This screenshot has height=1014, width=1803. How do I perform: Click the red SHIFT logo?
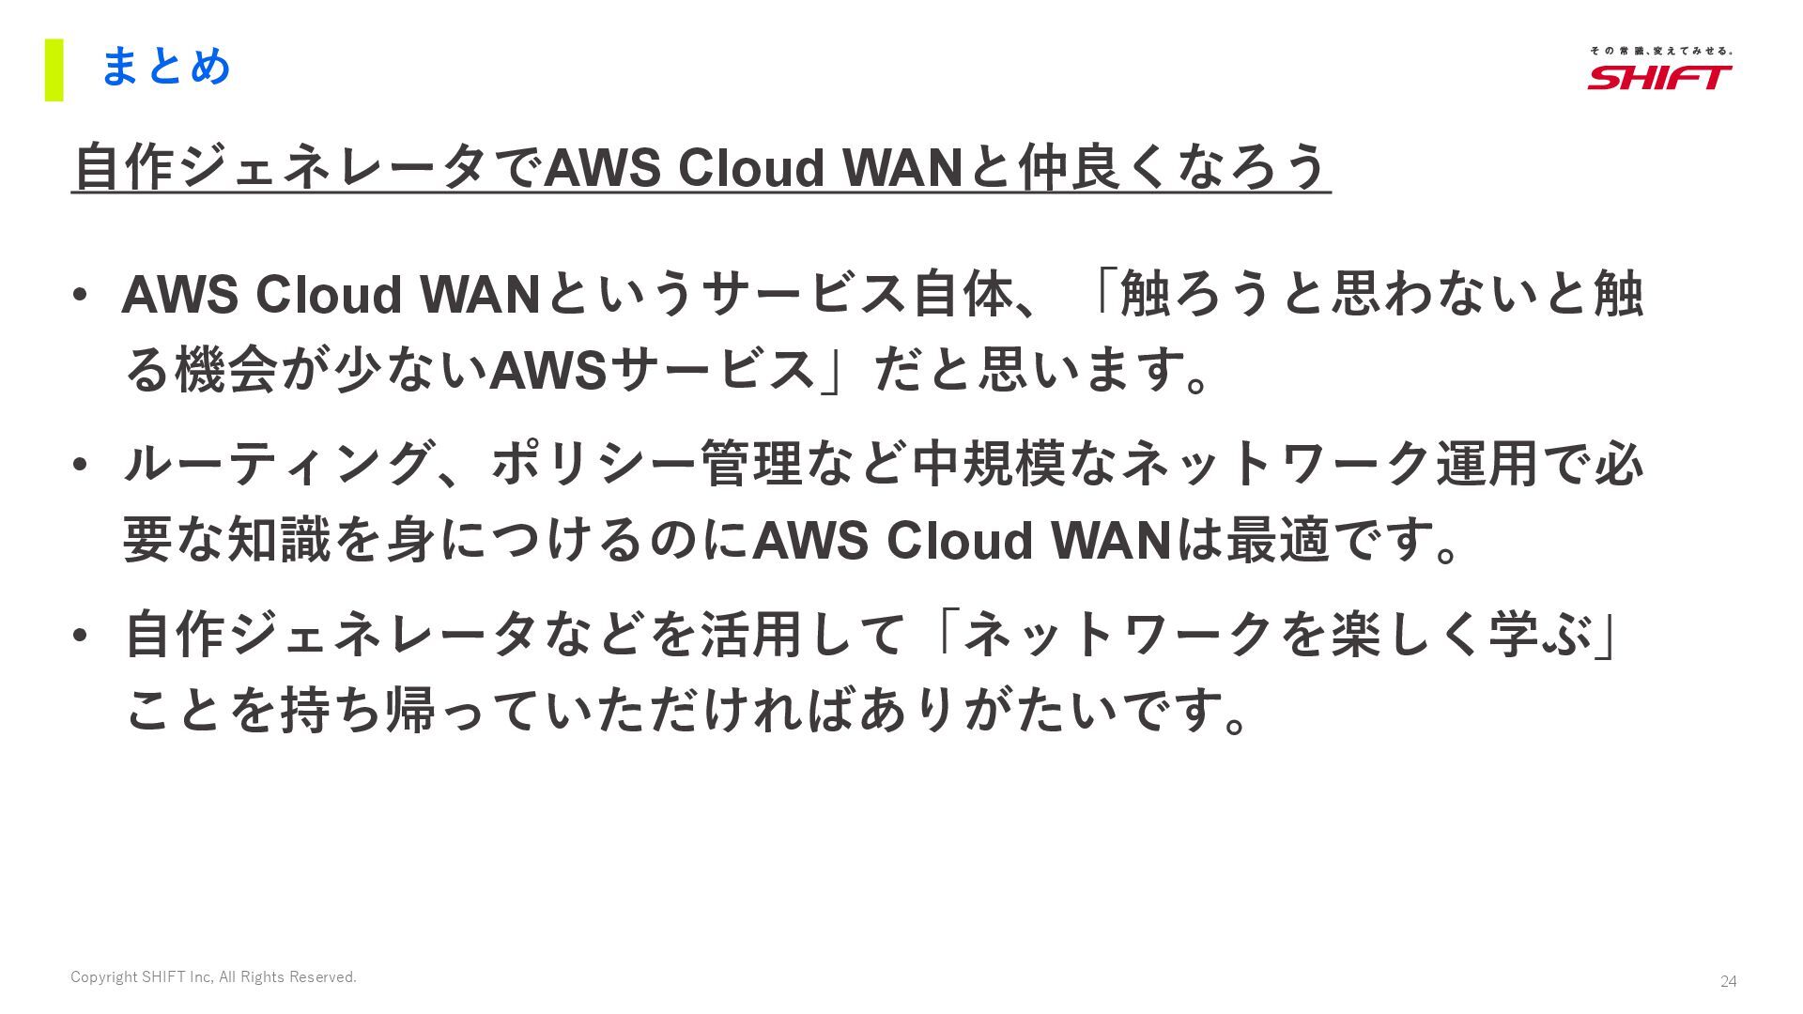pyautogui.click(x=1659, y=77)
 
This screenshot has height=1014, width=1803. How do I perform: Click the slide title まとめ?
pyautogui.click(x=165, y=68)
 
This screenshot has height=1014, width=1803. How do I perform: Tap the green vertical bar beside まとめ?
pyautogui.click(x=54, y=69)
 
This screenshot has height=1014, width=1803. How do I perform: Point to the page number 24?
pyautogui.click(x=1728, y=981)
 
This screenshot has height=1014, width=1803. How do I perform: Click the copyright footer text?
pyautogui.click(x=213, y=977)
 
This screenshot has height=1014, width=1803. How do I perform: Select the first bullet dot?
pyautogui.click(x=80, y=296)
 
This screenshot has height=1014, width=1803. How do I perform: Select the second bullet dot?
pyautogui.click(x=80, y=465)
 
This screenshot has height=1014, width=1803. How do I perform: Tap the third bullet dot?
pyautogui.click(x=80, y=636)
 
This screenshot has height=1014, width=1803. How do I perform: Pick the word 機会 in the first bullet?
pyautogui.click(x=226, y=369)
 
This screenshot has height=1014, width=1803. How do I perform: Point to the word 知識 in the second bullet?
pyautogui.click(x=279, y=540)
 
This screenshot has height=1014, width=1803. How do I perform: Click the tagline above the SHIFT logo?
pyautogui.click(x=1660, y=51)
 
